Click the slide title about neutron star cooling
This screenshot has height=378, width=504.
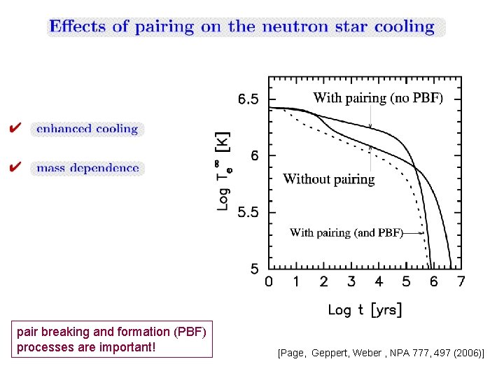click(241, 27)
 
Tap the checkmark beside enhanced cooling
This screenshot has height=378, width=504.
click(15, 127)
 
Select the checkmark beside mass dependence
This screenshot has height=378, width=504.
click(15, 167)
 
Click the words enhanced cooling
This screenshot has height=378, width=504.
click(87, 129)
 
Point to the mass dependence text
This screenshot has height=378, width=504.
click(87, 168)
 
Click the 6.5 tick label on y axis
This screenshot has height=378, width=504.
click(248, 99)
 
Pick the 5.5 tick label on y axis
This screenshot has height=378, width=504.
click(248, 212)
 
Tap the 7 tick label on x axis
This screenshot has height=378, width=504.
click(461, 281)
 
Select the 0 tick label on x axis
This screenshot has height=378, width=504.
click(269, 281)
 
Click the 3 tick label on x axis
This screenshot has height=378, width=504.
click(351, 281)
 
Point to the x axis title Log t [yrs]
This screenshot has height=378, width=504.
click(365, 310)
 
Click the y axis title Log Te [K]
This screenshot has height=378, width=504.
click(224, 171)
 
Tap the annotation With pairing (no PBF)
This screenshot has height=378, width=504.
click(378, 98)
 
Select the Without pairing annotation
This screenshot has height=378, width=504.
click(329, 179)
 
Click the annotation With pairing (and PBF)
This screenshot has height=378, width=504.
click(346, 232)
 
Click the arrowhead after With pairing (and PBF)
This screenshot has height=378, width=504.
click(422, 233)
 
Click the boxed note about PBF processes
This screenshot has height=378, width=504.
click(112, 339)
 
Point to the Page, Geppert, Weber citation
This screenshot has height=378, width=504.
click(381, 353)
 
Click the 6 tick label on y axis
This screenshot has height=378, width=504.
click(255, 155)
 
